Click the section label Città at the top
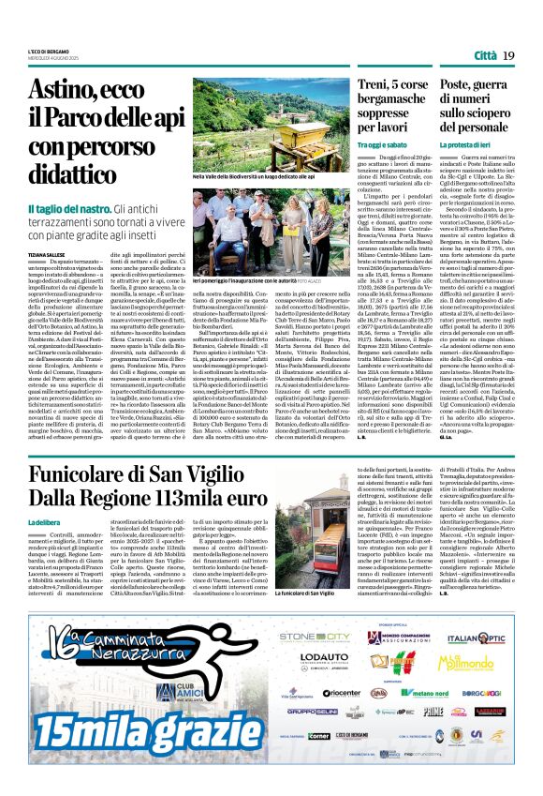pos(487,56)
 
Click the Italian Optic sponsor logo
pos(499,639)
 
